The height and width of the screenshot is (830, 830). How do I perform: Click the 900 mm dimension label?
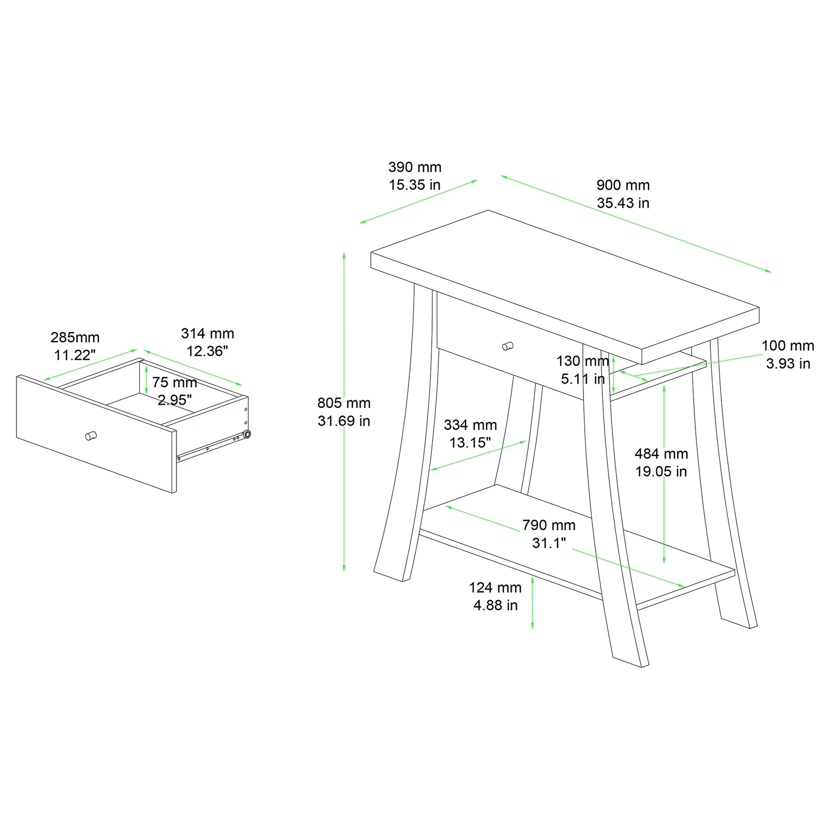[623, 185]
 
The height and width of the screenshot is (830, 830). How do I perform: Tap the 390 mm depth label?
[415, 167]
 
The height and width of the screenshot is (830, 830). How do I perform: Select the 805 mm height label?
[344, 403]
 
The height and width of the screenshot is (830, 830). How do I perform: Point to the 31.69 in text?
[344, 421]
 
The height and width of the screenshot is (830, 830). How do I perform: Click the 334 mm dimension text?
[470, 425]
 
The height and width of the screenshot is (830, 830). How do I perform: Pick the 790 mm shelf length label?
[549, 525]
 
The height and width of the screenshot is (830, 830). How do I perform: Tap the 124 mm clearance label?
[495, 587]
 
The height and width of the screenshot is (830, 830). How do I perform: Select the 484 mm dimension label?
[661, 454]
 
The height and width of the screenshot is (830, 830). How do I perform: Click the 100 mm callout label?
[788, 345]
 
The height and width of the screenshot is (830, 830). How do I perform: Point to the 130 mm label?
[583, 361]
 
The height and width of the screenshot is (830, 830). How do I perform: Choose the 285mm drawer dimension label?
[75, 337]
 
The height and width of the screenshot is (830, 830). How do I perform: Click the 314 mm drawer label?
[207, 333]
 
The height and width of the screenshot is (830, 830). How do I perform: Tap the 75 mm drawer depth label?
[174, 382]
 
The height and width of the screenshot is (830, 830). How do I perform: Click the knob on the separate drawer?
[90, 436]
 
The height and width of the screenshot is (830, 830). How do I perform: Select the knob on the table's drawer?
[508, 346]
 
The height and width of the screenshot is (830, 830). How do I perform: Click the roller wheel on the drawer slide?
[247, 435]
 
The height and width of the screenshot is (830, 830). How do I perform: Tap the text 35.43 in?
[623, 203]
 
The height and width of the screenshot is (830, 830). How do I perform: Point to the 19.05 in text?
[661, 472]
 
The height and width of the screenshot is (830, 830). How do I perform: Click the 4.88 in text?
[496, 605]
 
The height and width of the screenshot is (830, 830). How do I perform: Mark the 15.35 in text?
[415, 185]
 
